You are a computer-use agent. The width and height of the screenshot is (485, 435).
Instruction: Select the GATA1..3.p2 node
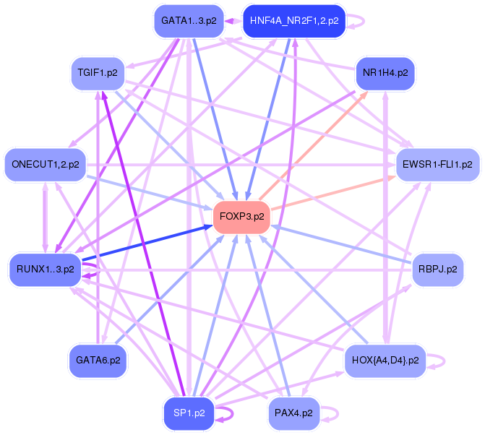tap(189, 21)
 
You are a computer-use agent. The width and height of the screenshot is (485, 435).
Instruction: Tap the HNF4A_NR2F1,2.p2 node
tap(294, 21)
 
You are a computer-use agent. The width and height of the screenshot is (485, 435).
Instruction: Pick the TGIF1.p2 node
tap(98, 72)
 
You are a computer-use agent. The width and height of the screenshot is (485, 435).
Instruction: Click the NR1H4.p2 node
tap(385, 73)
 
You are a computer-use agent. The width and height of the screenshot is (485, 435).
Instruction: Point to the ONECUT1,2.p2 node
tap(46, 165)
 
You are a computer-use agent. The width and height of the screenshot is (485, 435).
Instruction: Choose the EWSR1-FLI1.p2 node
tap(437, 165)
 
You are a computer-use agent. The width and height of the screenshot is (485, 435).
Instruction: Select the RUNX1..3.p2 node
tap(45, 269)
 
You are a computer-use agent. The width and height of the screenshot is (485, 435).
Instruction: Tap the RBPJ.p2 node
tap(437, 269)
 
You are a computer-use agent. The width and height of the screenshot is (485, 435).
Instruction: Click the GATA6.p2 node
tap(98, 359)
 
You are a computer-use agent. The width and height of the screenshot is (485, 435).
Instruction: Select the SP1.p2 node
tap(189, 413)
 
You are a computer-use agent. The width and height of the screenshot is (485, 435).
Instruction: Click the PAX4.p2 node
tap(293, 413)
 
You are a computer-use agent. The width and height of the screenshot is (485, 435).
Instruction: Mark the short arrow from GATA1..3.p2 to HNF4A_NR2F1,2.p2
tap(233, 21)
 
